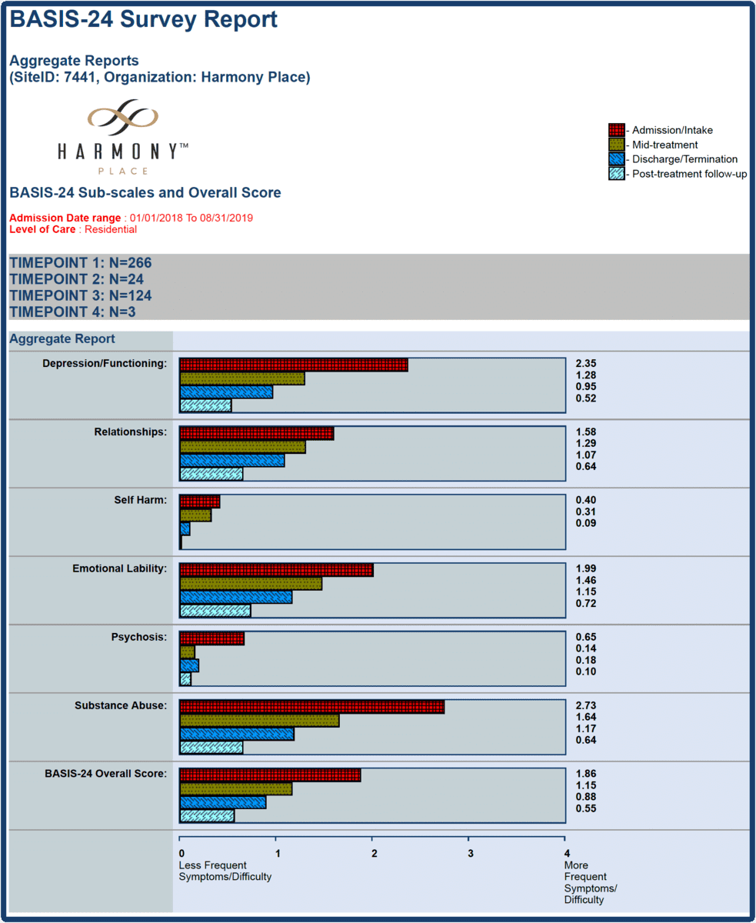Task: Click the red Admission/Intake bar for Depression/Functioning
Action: click(x=293, y=365)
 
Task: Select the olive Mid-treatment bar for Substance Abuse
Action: click(x=259, y=721)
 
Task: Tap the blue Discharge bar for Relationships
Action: click(x=232, y=460)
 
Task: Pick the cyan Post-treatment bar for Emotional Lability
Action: click(x=215, y=611)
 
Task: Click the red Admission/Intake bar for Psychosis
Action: click(x=211, y=638)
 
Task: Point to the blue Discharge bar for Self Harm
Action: click(x=185, y=529)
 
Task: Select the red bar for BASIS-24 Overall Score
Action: click(x=270, y=775)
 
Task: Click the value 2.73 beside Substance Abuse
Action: click(x=586, y=705)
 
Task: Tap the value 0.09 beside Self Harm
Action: click(x=586, y=524)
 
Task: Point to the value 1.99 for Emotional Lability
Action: click(x=586, y=568)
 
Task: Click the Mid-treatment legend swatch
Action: click(x=615, y=145)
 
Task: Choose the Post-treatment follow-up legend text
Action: click(x=689, y=174)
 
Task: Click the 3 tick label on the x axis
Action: click(x=470, y=852)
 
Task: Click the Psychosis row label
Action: click(x=138, y=637)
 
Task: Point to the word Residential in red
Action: click(x=111, y=229)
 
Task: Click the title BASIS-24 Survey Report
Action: click(x=144, y=19)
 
